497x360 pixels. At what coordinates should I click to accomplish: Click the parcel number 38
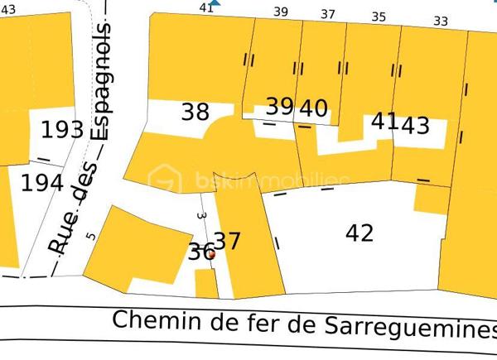[195, 112]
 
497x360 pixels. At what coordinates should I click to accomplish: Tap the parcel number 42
[359, 233]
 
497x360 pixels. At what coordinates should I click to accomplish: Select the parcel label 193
[62, 130]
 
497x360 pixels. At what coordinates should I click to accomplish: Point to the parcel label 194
[42, 183]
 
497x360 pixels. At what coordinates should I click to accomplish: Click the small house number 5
[91, 236]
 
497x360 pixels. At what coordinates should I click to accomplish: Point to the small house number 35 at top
[379, 17]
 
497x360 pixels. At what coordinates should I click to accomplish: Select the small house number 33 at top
[440, 21]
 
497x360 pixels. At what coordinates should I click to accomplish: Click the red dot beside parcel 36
[210, 256]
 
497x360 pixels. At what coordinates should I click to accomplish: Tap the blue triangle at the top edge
[215, 3]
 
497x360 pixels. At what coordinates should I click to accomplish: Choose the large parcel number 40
[313, 108]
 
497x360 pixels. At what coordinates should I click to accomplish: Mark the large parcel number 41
[384, 121]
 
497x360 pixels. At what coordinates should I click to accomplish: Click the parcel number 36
[200, 252]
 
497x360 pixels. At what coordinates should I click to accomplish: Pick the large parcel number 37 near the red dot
[227, 241]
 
